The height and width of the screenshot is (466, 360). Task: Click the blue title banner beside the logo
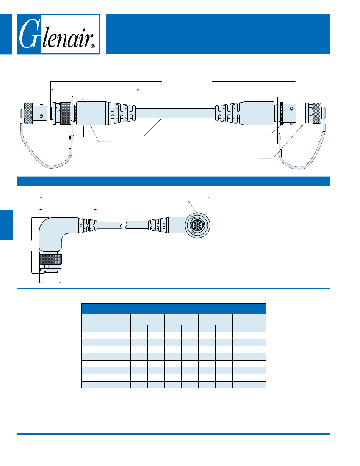pyautogui.click(x=218, y=34)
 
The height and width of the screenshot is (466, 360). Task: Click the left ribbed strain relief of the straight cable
pyautogui.click(x=123, y=113)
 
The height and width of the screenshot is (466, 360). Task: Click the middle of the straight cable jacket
pyautogui.click(x=176, y=113)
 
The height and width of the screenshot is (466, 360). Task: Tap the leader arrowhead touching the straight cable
pyautogui.click(x=161, y=120)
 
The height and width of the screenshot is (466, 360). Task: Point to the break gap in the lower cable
pyautogui.click(x=125, y=224)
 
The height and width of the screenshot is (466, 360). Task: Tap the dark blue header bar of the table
pyautogui.click(x=174, y=308)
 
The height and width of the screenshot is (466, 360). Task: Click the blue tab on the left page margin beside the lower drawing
pyautogui.click(x=6, y=225)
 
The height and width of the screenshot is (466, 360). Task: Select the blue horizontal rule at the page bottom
pyautogui.click(x=174, y=434)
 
